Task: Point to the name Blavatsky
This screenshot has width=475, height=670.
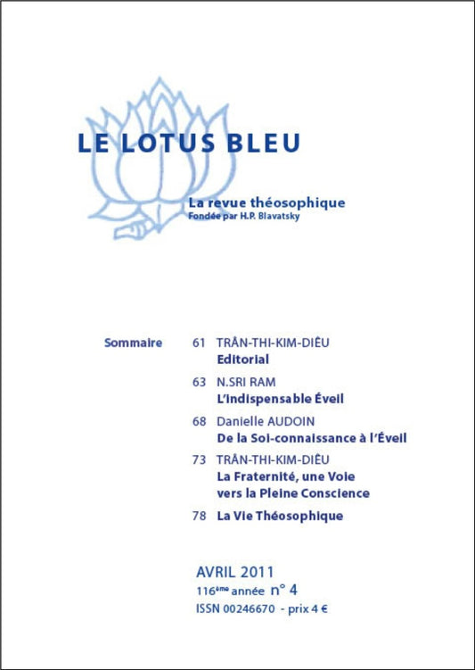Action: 275,215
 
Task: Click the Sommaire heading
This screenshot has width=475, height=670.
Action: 133,343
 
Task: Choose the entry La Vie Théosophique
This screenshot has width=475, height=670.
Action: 280,516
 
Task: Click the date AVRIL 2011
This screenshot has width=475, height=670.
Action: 234,571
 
